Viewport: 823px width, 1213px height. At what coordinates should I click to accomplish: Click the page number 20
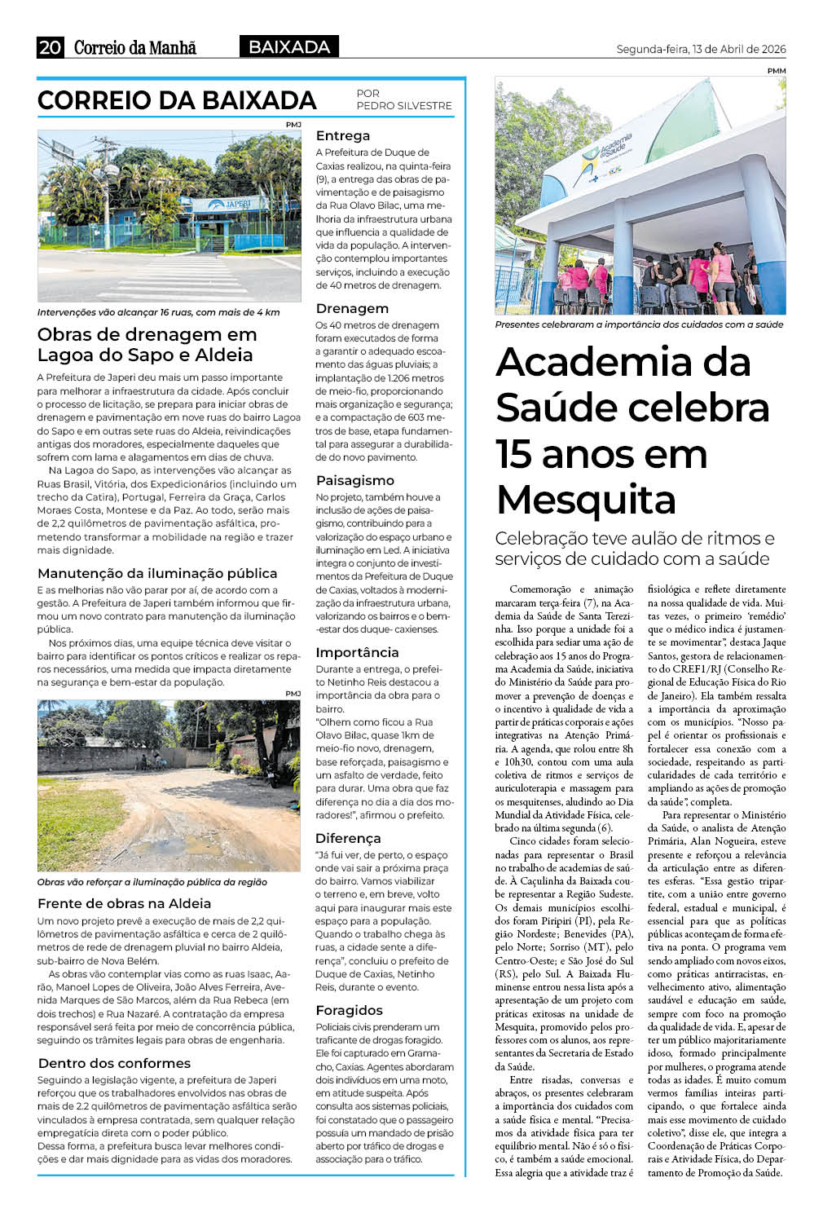coord(50,47)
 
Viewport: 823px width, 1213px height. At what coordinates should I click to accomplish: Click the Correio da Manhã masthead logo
coord(135,47)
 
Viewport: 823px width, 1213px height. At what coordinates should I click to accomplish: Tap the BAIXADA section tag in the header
coord(289,47)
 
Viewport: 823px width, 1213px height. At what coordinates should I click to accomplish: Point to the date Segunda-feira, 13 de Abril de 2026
coord(701,49)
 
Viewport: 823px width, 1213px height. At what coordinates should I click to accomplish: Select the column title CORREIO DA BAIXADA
coord(177,100)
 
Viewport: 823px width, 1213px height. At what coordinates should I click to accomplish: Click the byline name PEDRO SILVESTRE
coord(403,106)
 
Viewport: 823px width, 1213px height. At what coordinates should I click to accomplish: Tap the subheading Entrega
coord(343,136)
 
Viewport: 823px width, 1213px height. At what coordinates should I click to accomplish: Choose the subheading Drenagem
coord(352,309)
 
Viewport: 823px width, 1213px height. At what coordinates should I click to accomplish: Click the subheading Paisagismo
coord(355,481)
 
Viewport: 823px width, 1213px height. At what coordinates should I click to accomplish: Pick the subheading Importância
coord(357,653)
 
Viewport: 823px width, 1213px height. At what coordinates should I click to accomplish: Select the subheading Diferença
coord(348,839)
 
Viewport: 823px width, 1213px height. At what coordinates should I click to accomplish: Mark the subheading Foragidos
coord(349,1011)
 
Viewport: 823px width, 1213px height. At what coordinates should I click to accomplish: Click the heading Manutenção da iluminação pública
coord(157,574)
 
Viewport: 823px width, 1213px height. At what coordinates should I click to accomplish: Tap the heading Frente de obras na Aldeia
coord(124,904)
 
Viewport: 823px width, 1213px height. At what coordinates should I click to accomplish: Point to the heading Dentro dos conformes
coord(114,1064)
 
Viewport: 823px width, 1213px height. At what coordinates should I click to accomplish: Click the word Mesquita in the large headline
coord(586,499)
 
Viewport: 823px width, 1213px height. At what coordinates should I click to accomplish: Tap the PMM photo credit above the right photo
coord(776,71)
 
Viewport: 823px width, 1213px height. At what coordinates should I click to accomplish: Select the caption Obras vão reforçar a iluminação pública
coord(152,882)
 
